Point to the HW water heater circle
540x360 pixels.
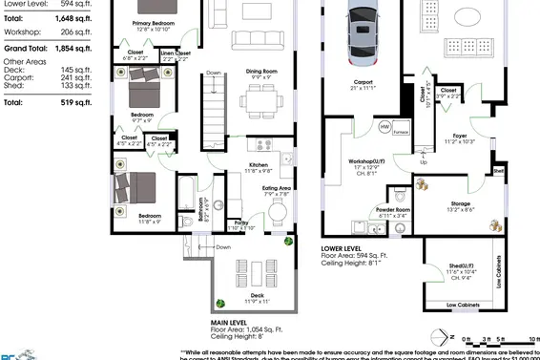click(x=385, y=126)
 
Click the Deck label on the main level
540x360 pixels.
click(x=258, y=297)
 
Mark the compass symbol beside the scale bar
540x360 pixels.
click(x=441, y=336)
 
